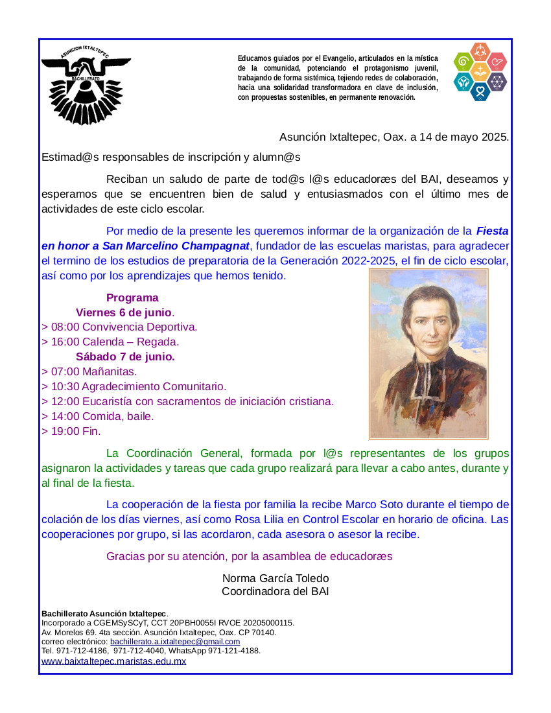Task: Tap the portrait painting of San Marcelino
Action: coord(428,355)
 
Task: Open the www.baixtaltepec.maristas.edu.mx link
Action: coord(114,661)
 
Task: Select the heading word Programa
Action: coord(132,298)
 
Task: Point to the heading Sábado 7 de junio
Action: coord(125,356)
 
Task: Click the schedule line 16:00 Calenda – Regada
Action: coord(110,342)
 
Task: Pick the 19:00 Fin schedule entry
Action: coord(71,431)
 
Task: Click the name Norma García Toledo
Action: coord(275,578)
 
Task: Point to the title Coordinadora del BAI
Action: coord(275,591)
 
